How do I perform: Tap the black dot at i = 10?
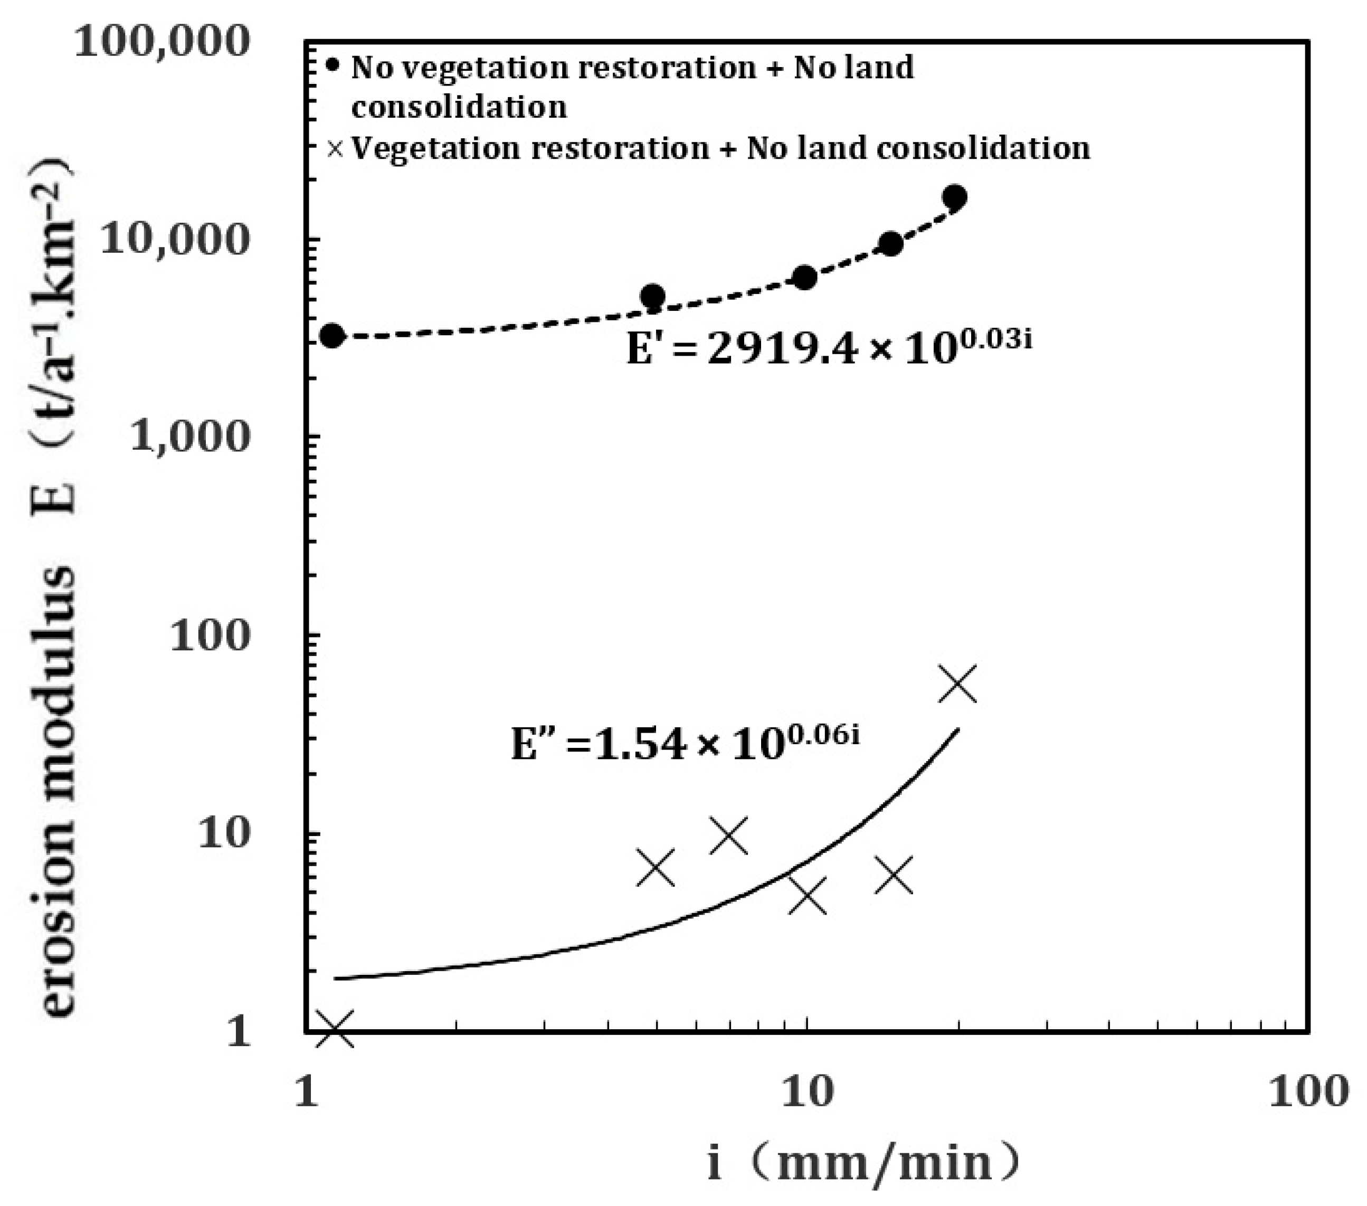tap(805, 277)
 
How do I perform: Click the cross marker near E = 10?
tap(728, 835)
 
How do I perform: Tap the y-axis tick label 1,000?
tap(190, 437)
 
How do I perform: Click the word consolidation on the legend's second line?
tap(459, 107)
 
